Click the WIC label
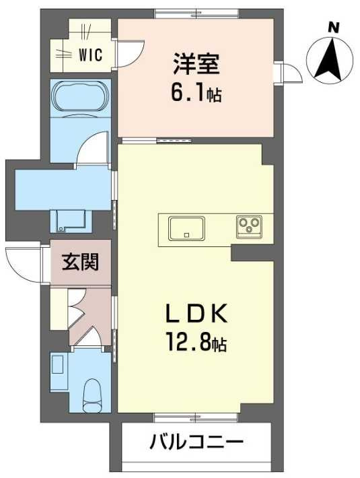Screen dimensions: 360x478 pos(91,55)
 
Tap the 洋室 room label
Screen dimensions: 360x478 pos(196,64)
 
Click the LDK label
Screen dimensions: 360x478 pos(196,313)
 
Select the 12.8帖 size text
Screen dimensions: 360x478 pos(196,342)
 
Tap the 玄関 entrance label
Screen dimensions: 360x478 pos(81,262)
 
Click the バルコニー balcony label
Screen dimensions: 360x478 pos(196,442)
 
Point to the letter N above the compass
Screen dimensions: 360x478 pos(334,28)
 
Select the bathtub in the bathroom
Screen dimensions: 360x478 pos(81,98)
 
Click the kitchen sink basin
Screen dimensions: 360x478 pos(186,228)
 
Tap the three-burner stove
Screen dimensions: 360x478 pos(249,227)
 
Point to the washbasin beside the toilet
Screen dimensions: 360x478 pos(57,364)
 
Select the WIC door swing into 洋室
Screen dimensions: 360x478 pos(131,54)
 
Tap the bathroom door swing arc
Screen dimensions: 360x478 pos(92,148)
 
